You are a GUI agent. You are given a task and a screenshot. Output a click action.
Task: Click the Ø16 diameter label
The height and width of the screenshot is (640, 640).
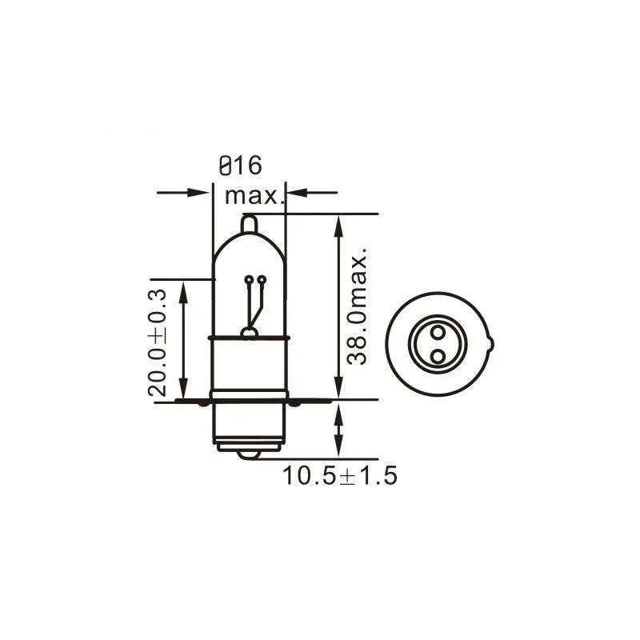[239, 166]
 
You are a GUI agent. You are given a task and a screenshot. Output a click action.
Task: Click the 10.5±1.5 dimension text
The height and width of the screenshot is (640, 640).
[339, 476]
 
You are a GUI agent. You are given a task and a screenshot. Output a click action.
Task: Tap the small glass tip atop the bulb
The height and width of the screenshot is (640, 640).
[249, 224]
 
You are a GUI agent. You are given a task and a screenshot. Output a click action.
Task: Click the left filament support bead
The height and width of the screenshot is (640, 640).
[249, 280]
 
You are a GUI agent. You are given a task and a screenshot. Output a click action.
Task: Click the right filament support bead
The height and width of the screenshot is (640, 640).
[261, 280]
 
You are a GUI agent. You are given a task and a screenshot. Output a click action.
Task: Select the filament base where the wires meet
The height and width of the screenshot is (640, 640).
[250, 332]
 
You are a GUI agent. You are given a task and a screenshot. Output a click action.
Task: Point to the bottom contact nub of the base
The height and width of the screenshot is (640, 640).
[250, 454]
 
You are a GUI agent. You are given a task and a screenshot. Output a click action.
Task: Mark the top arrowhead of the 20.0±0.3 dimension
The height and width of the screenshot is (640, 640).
[184, 290]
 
